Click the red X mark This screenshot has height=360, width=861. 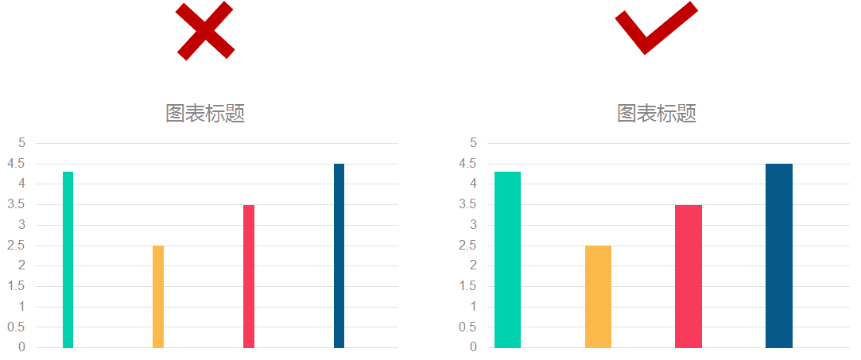pos(205,30)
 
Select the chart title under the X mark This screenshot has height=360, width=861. pos(205,114)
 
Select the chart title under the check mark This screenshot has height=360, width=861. pos(657,114)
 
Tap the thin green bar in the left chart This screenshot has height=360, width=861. pos(68,260)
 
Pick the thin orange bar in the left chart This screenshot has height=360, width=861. pos(158,296)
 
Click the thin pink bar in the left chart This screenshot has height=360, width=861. pos(249,276)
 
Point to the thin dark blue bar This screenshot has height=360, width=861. pos(339,255)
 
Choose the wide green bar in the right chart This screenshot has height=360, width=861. pos(507,260)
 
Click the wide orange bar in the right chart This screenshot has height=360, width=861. pos(598,296)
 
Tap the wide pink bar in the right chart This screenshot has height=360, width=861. pos(688,276)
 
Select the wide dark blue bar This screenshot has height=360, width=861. pos(779,255)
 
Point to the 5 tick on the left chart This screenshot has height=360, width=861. pos(22,143)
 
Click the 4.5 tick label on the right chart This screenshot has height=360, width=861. pos(467,164)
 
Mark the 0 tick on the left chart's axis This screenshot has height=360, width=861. pos(22,347)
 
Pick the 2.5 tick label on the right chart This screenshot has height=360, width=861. pos(467,246)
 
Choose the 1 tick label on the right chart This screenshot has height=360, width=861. pos(473,307)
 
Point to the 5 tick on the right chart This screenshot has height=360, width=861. pos(473,143)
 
